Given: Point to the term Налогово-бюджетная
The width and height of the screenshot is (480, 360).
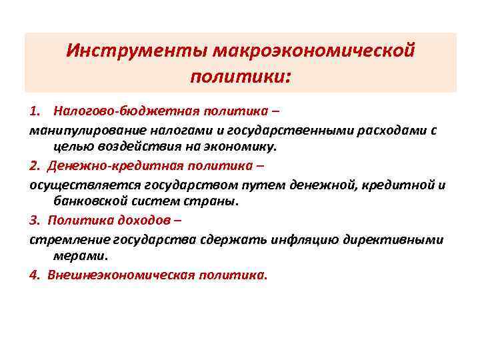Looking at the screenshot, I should pos(108,110).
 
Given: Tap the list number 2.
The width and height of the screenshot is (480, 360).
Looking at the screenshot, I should pos(34,165).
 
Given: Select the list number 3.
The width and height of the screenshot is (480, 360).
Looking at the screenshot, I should pos(34,219).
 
